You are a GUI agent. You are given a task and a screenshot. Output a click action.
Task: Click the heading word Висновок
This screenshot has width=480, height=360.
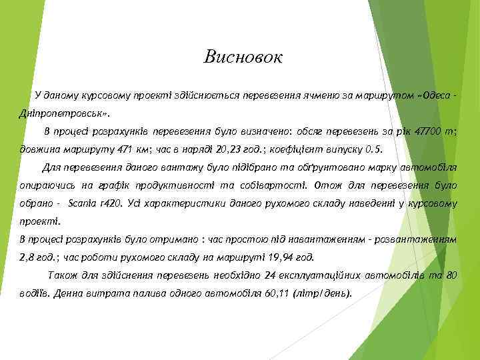point(243,57)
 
